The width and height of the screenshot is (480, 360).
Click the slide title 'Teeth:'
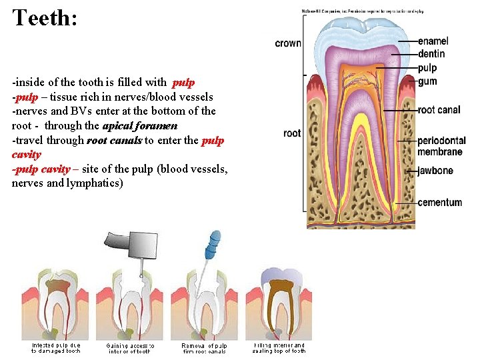click(45, 17)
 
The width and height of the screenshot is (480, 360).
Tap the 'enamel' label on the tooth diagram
click(433, 41)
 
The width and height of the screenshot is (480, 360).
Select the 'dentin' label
click(431, 54)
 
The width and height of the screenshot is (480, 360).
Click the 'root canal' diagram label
click(439, 110)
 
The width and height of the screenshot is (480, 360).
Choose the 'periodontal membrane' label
click(440, 146)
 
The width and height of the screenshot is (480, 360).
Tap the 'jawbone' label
click(435, 171)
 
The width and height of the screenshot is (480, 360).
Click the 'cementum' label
click(439, 202)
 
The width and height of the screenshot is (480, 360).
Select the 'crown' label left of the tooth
click(288, 43)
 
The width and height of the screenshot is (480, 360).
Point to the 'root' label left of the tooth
click(292, 133)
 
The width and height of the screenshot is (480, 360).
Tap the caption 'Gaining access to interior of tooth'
click(130, 348)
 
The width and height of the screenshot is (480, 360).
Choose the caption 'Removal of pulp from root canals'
click(204, 348)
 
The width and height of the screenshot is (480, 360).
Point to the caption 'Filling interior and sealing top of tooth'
click(279, 348)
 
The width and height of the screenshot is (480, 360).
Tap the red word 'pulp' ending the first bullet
click(183, 83)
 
